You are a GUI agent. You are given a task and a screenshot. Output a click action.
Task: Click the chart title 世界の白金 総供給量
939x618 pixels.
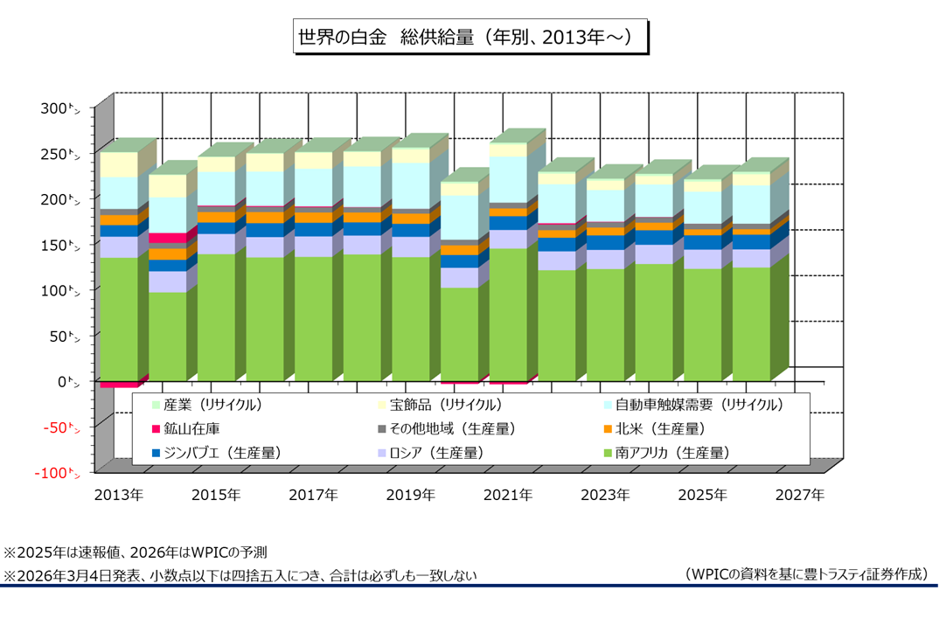[x=469, y=38]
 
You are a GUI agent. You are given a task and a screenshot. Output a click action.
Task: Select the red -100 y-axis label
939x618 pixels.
[x=56, y=473]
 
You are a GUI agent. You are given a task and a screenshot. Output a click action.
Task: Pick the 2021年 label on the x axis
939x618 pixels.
[x=508, y=495]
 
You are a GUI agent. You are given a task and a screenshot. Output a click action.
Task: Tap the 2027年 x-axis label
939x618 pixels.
[x=800, y=495]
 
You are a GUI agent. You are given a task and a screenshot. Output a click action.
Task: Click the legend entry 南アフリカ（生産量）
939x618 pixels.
[x=671, y=453]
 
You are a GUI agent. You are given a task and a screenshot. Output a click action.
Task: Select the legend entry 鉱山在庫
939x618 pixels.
[x=191, y=429]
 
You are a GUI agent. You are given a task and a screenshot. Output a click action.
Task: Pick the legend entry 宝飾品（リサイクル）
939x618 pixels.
[x=445, y=405]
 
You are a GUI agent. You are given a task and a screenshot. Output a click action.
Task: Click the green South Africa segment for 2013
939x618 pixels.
[x=118, y=319]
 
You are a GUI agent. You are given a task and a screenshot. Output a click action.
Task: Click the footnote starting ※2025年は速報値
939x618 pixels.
[x=136, y=552]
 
